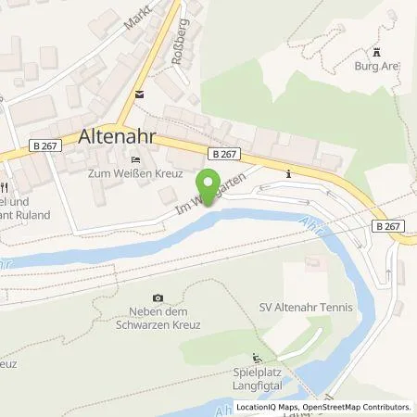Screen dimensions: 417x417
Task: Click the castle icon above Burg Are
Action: [x=377, y=51]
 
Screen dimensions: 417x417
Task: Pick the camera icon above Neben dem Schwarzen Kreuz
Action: [x=158, y=297]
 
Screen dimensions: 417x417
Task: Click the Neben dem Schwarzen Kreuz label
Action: [x=158, y=319]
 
